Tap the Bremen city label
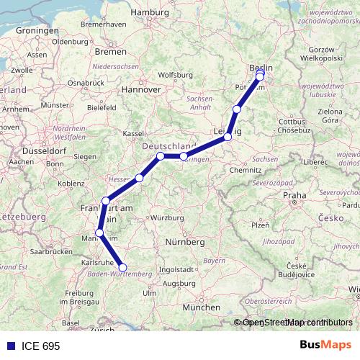tap(111, 52)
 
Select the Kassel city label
tap(134, 134)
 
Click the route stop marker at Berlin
tap(260, 74)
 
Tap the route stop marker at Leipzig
tap(228, 136)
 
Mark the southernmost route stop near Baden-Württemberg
tap(122, 267)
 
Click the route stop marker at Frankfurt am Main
tap(106, 201)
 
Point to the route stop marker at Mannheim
tap(99, 233)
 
